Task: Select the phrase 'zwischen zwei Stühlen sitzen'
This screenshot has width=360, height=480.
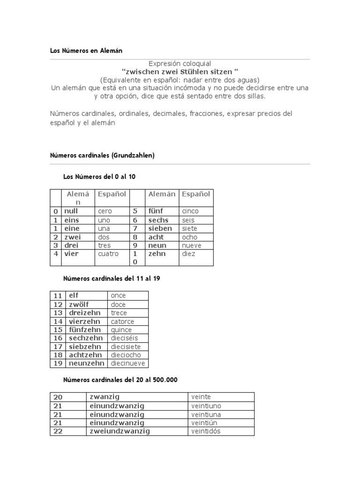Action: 180,72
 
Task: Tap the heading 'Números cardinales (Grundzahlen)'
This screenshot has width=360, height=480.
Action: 102,155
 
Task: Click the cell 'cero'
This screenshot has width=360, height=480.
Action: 105,211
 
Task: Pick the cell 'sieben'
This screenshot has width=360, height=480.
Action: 160,228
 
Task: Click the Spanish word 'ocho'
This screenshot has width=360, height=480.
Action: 190,237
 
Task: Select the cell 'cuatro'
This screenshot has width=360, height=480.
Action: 108,254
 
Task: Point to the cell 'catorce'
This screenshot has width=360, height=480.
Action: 122,322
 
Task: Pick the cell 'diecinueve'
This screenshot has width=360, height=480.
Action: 128,363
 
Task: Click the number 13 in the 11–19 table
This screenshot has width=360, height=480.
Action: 58,313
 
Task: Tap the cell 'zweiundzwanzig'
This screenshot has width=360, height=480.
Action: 120,431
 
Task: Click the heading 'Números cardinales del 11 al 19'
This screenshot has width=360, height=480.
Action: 112,278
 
